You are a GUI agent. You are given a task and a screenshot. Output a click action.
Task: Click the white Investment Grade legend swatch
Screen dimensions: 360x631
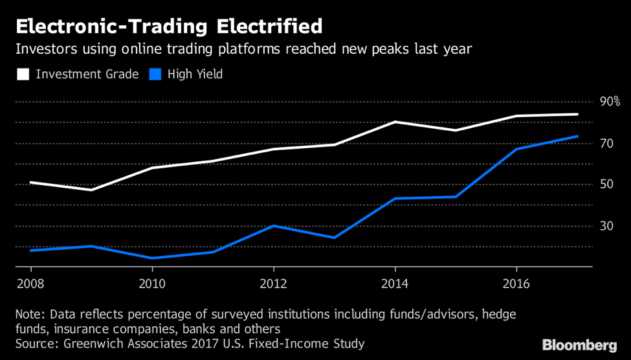click(x=23, y=74)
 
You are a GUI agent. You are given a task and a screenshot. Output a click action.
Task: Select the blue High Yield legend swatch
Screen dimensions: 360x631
click(x=155, y=74)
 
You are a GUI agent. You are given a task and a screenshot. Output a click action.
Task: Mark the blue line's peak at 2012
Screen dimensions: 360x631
click(x=274, y=225)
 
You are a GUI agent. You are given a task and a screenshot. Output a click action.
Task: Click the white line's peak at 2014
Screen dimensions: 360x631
click(x=395, y=122)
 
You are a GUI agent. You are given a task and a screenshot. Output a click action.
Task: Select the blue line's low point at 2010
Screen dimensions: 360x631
click(x=152, y=258)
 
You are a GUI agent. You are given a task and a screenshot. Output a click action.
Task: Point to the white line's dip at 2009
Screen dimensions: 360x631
click(x=91, y=190)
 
